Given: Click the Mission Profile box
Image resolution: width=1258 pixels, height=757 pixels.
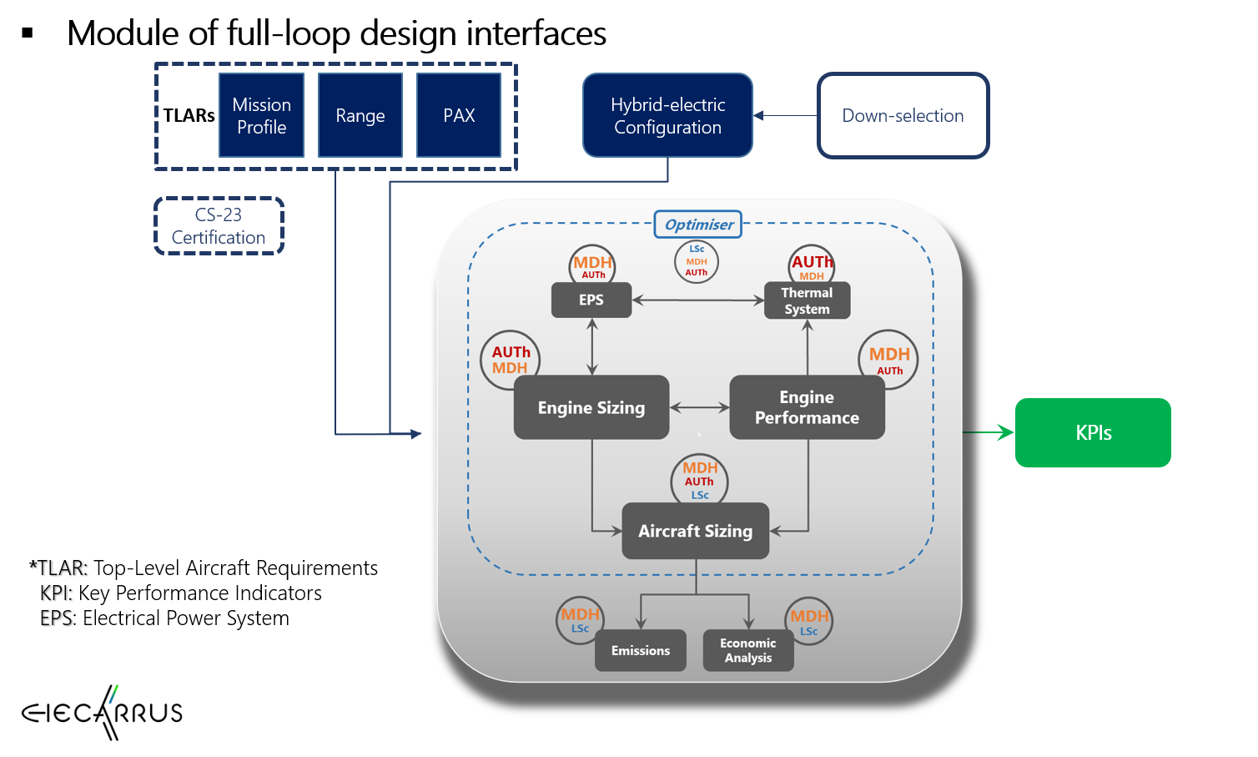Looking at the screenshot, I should pyautogui.click(x=261, y=115).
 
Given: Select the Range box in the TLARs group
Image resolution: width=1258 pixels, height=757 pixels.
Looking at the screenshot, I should pyautogui.click(x=360, y=115).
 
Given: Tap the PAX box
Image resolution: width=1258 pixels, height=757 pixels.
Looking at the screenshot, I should pyautogui.click(x=459, y=115).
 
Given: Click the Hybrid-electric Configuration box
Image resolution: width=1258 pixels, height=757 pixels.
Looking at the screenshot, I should pyautogui.click(x=667, y=115).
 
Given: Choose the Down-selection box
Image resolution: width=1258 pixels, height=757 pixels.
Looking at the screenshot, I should pyautogui.click(x=903, y=115).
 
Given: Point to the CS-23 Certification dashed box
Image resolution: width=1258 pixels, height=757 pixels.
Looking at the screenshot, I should pyautogui.click(x=219, y=226).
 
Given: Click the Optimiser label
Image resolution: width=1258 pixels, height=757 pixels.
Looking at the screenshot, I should pyautogui.click(x=698, y=225).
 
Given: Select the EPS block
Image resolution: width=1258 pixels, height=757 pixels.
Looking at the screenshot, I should pyautogui.click(x=591, y=300).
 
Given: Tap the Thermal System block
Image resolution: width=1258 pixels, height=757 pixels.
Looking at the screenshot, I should pyautogui.click(x=807, y=300).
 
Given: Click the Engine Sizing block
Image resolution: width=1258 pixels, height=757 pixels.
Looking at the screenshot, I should pyautogui.click(x=591, y=407).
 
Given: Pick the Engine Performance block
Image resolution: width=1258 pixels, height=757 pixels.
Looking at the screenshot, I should pyautogui.click(x=807, y=407).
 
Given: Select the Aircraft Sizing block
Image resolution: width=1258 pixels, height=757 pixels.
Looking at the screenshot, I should pyautogui.click(x=695, y=531).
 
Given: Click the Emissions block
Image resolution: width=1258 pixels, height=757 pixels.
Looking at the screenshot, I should pyautogui.click(x=640, y=651).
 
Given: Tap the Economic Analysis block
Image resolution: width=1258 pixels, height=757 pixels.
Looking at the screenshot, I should pyautogui.click(x=748, y=651).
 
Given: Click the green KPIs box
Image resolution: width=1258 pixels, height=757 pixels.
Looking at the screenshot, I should pyautogui.click(x=1093, y=432).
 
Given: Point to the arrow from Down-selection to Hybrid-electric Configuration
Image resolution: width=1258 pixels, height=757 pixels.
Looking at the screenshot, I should pyautogui.click(x=785, y=116).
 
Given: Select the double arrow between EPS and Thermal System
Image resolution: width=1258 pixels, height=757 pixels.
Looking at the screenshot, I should pyautogui.click(x=698, y=300).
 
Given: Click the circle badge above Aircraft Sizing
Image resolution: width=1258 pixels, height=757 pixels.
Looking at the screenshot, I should pyautogui.click(x=699, y=481).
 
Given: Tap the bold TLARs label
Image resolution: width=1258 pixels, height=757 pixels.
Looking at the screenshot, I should pyautogui.click(x=189, y=115).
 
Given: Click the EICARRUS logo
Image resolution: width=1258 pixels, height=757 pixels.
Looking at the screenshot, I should pyautogui.click(x=102, y=713).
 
